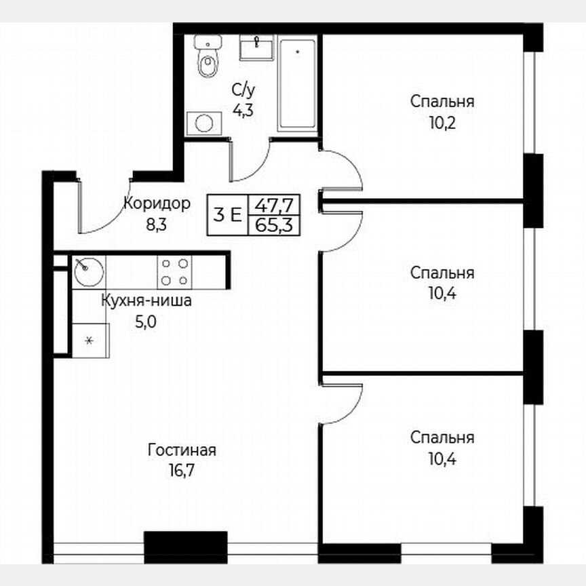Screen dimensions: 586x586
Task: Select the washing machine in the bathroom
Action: (204, 122)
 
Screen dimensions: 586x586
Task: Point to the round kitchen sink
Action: (87, 271)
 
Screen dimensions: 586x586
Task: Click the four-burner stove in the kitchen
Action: (174, 271)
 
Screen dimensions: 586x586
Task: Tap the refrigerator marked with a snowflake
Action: (88, 338)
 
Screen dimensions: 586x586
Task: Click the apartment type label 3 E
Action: (227, 215)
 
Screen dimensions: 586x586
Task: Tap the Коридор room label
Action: (157, 203)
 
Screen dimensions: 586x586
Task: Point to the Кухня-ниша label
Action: (146, 301)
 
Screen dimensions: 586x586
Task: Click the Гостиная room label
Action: (182, 450)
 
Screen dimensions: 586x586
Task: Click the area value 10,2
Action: (442, 123)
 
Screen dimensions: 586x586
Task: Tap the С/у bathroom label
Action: (243, 90)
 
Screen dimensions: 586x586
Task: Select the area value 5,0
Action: (146, 321)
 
